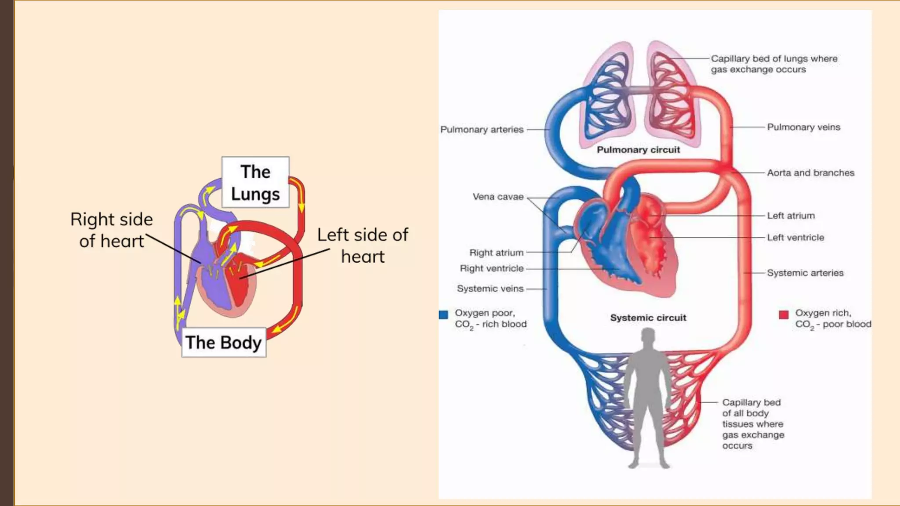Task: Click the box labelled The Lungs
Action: [x=255, y=182]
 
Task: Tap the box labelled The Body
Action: [x=223, y=342]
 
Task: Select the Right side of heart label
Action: [x=112, y=230]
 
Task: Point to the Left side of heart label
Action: [x=363, y=246]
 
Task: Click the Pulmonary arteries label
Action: [x=482, y=130]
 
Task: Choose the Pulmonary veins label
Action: [x=803, y=127]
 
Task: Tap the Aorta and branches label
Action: [x=810, y=173]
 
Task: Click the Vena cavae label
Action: [x=498, y=197]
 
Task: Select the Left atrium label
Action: [x=791, y=216]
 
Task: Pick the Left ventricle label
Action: [x=795, y=238]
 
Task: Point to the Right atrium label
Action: [x=496, y=253]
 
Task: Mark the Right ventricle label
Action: [x=492, y=268]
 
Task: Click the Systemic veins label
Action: [x=490, y=289]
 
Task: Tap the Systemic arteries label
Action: [x=805, y=273]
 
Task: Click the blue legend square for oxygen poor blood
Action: [x=443, y=314]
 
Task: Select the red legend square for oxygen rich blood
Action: [x=784, y=314]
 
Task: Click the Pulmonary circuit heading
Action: [x=638, y=150]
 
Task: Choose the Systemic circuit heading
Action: [x=648, y=318]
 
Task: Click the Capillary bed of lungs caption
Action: [x=774, y=64]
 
